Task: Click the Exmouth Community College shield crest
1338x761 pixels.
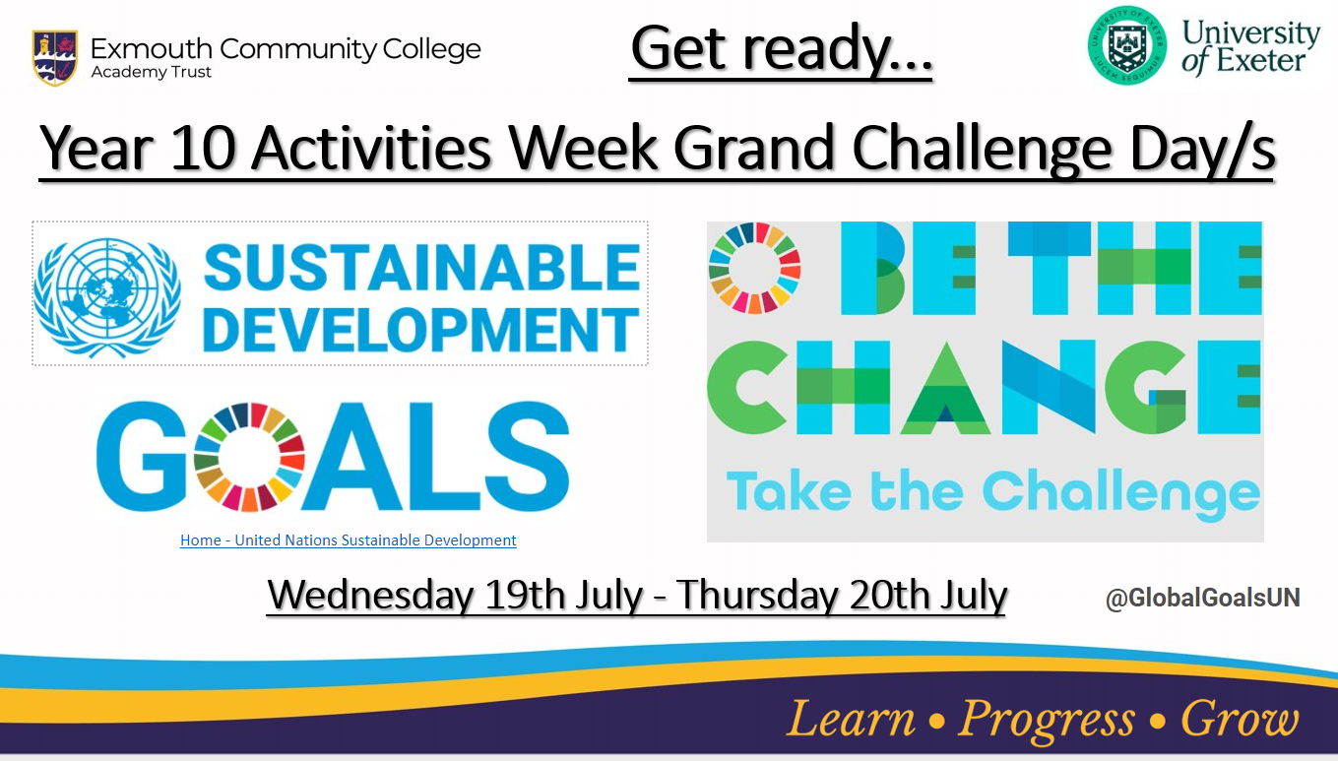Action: [x=54, y=57]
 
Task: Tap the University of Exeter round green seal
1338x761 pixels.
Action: [x=1126, y=46]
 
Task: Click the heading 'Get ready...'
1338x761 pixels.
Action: [x=781, y=50]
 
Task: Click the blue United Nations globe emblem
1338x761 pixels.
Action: [x=107, y=297]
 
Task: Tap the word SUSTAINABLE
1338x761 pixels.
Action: [x=421, y=268]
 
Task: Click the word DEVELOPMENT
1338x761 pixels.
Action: [x=420, y=330]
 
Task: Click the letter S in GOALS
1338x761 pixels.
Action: [x=526, y=457]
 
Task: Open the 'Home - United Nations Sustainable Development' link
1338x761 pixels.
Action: [x=349, y=540]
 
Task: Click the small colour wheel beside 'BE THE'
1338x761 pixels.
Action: [x=754, y=268]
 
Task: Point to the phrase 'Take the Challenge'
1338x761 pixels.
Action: [x=992, y=494]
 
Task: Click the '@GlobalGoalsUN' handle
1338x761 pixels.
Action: [x=1202, y=598]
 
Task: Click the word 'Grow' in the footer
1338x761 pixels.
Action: [x=1241, y=718]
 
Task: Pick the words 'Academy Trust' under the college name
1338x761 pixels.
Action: [x=151, y=72]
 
